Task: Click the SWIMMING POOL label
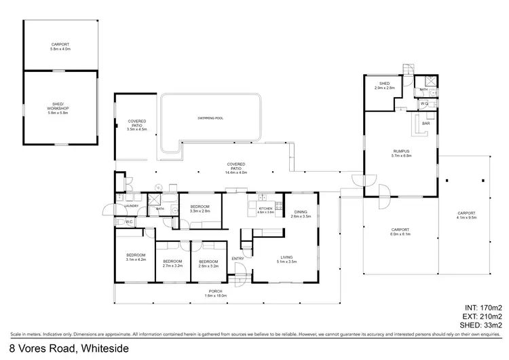point(210,118)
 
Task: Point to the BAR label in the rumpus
point(426,124)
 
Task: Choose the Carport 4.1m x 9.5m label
point(466,215)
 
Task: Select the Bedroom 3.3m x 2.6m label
point(200,209)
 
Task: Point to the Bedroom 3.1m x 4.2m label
point(136,257)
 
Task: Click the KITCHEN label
point(265,210)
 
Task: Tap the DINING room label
point(300,214)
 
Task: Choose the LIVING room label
point(286,259)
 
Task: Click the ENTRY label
point(238,258)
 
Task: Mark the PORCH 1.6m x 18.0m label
point(216,293)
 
